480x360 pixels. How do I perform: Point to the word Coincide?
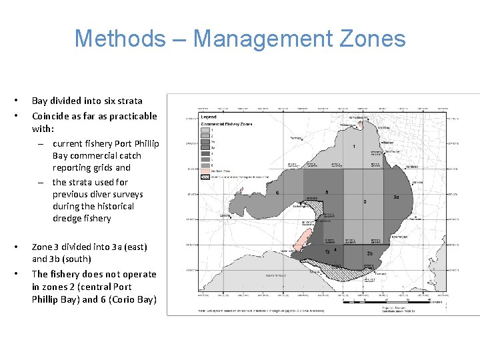point(53,115)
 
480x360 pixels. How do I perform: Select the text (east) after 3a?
point(135,247)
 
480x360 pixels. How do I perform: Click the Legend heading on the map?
point(209,117)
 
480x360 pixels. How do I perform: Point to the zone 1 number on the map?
point(353,146)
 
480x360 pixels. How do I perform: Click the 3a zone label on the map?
point(395,197)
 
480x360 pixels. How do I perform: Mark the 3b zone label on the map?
point(369,253)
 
